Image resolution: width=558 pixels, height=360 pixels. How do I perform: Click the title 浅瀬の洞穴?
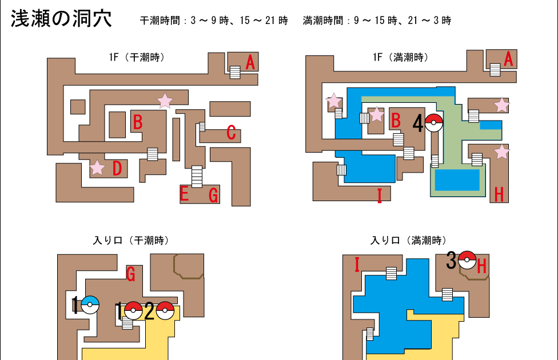click(61, 19)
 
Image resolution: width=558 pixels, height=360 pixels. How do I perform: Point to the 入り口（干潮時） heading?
click(131, 241)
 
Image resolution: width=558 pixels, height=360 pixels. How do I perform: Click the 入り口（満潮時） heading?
click(409, 241)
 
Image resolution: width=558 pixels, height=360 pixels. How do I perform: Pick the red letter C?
click(231, 133)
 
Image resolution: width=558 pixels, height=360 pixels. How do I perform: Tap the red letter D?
click(117, 169)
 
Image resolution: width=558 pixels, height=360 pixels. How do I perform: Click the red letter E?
click(184, 195)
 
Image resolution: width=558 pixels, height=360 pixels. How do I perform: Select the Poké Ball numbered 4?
click(434, 123)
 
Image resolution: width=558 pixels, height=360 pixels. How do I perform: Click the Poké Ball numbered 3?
click(467, 260)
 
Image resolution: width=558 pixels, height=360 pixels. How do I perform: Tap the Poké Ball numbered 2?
click(165, 311)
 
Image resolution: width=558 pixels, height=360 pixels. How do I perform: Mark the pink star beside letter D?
click(98, 168)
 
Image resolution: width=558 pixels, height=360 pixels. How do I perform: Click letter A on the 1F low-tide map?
click(250, 62)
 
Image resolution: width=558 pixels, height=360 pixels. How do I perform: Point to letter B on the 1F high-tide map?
click(395, 121)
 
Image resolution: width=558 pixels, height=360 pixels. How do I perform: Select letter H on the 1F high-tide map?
click(499, 195)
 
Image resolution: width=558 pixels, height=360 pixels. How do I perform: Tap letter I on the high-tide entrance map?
click(357, 265)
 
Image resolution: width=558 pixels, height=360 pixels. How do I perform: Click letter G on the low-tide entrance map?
click(131, 275)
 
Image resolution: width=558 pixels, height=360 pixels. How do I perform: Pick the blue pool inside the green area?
click(457, 180)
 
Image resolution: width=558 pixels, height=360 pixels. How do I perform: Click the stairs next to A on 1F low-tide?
click(235, 72)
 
